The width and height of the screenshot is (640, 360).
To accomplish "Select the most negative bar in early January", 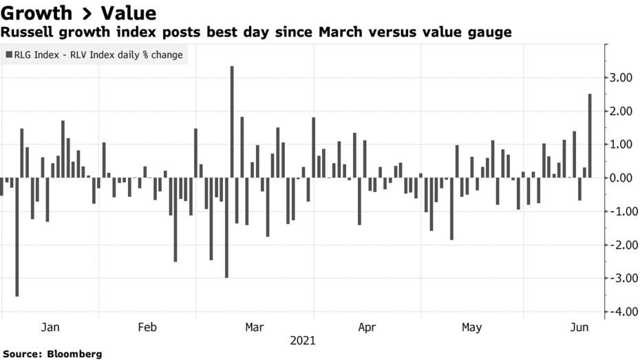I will click(x=17, y=237).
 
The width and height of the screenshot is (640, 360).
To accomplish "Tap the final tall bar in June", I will click(x=590, y=136).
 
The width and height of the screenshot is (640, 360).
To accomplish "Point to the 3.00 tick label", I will click(x=621, y=78).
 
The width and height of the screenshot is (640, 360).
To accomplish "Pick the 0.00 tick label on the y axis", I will click(x=621, y=178).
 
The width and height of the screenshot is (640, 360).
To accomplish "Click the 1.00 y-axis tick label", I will click(x=621, y=145).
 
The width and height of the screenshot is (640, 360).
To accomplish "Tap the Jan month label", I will click(x=50, y=328).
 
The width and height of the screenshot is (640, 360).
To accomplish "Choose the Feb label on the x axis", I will click(x=149, y=328).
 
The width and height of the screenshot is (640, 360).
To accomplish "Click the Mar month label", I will click(x=255, y=328).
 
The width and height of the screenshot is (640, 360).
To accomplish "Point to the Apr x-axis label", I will click(x=367, y=328).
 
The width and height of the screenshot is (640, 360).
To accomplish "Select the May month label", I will click(x=471, y=328).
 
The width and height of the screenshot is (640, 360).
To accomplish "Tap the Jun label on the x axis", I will click(x=580, y=328).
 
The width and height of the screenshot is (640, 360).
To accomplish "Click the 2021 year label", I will click(x=303, y=341).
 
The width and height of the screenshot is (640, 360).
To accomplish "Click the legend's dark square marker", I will click(x=8, y=54).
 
